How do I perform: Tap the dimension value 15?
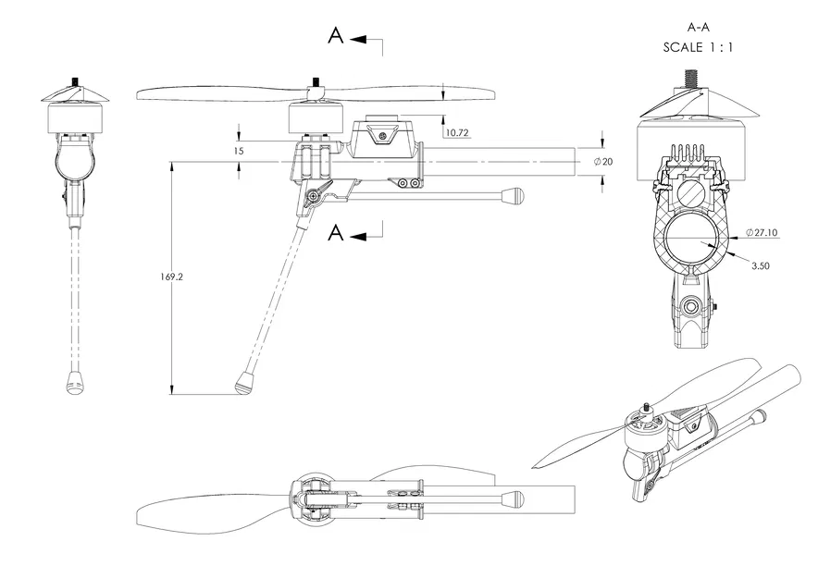(x=240, y=150)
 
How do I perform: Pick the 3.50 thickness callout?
(x=760, y=265)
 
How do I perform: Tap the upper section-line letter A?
(x=336, y=36)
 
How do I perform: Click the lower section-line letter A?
(x=336, y=233)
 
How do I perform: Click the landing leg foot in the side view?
(x=245, y=383)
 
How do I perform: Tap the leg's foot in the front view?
(x=77, y=381)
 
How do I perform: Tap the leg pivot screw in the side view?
(x=316, y=195)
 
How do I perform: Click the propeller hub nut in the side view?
(x=316, y=84)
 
